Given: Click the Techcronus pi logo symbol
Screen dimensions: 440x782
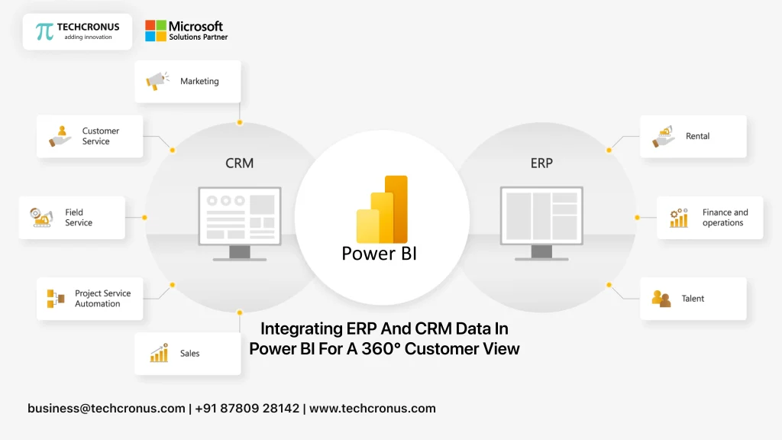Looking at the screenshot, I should coord(45,31).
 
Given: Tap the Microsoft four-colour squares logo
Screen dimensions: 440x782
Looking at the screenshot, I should coord(156,31).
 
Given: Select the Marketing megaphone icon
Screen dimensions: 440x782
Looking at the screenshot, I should coord(157,81).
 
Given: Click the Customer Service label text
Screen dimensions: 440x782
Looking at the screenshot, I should coord(101,136).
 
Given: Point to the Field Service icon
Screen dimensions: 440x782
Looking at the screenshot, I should coord(40,218).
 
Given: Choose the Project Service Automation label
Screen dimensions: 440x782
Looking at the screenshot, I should coord(102,299).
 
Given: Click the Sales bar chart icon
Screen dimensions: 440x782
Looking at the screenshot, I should coord(159,354).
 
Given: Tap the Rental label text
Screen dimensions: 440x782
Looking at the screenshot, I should coord(697,136).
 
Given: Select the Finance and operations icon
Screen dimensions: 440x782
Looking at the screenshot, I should coord(678,218).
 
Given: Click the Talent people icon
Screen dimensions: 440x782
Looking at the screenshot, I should coord(661,299).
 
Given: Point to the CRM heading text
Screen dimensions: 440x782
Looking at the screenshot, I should coord(239,163).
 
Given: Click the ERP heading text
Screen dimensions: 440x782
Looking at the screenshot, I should coord(541,163).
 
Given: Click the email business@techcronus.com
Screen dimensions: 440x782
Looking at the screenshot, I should coord(106,408).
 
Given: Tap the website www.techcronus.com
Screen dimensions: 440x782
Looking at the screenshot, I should coord(372,408).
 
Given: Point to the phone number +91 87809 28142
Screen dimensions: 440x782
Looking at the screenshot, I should coord(247,408).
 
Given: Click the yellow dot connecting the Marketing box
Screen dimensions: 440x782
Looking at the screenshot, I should coord(240,122).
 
